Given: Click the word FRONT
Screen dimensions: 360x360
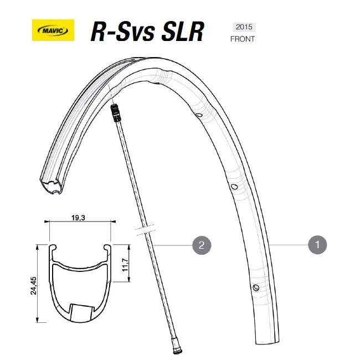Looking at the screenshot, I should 243,39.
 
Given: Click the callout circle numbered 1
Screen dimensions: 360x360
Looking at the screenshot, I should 317,244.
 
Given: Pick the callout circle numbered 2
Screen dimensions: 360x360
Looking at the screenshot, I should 201,244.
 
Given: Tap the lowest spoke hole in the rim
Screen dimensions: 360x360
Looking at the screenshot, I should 256,287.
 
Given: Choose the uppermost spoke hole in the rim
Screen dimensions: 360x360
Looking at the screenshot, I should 198,114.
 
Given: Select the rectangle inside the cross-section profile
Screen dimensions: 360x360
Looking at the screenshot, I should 81,311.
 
